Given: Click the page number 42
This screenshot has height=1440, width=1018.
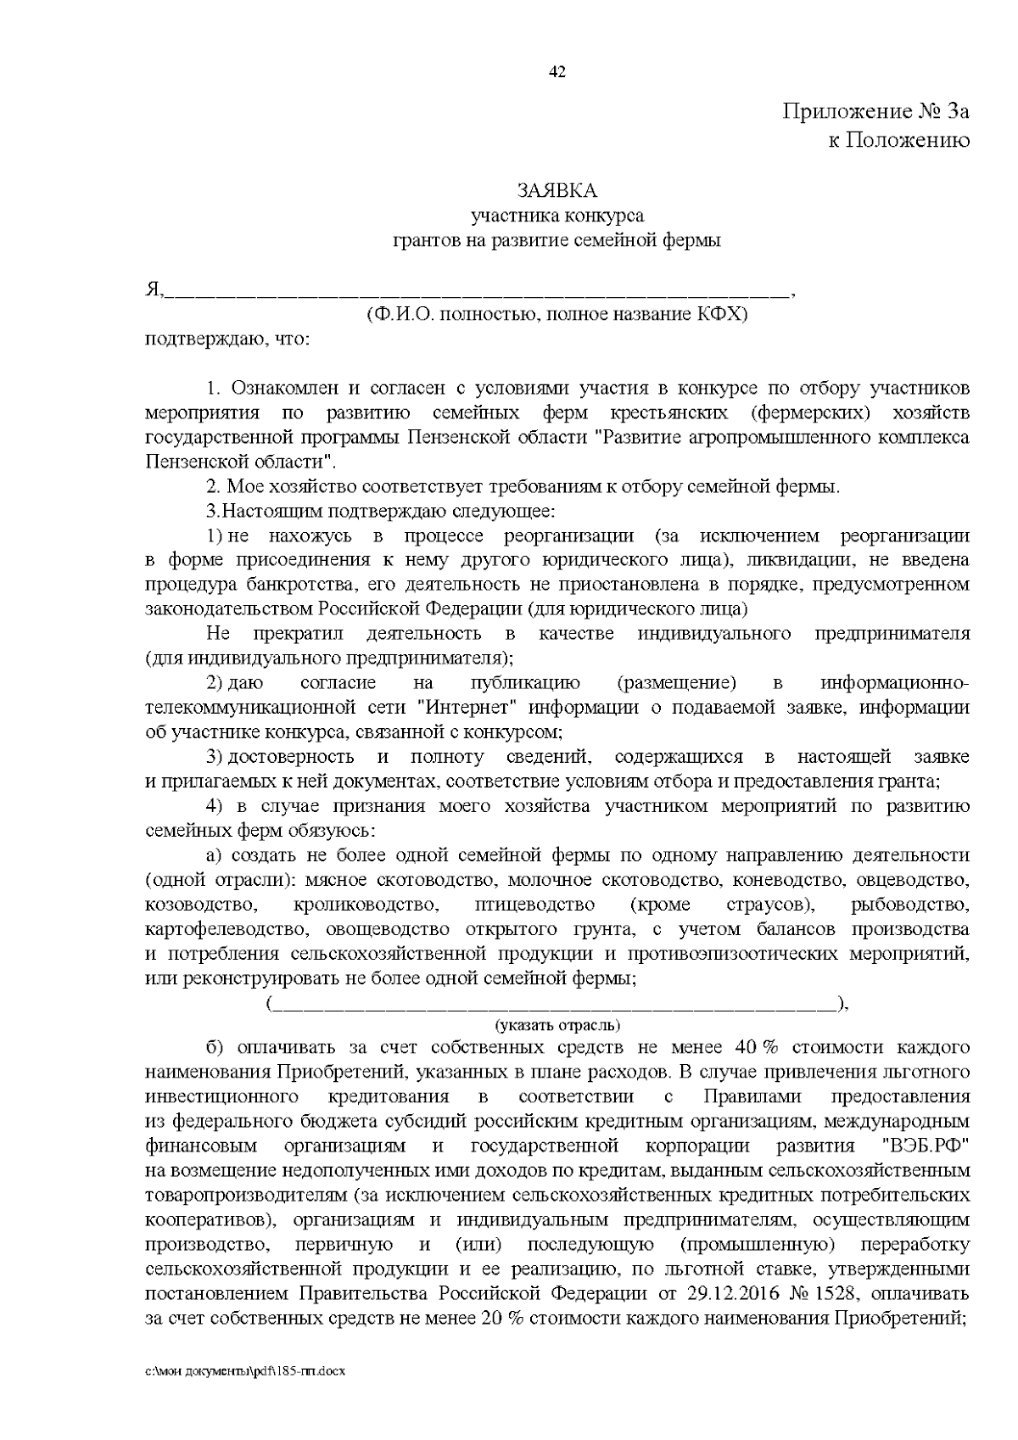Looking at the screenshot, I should click(x=557, y=71).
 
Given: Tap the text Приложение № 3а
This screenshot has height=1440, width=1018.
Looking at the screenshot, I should click(x=875, y=111).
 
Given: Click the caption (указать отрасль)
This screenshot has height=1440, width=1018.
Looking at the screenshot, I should click(x=557, y=1025).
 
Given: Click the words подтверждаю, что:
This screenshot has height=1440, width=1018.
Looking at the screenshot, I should click(x=228, y=340).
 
